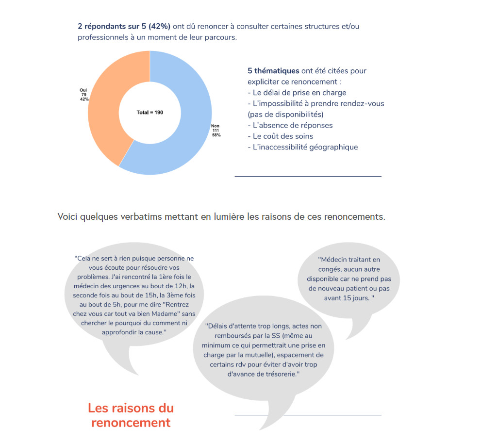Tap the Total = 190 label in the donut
[150, 113]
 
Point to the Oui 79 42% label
[83, 95]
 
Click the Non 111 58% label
[216, 130]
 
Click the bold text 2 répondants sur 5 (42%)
[124, 26]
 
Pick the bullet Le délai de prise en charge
[297, 92]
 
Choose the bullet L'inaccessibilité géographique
[303, 147]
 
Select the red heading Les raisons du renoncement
[131, 415]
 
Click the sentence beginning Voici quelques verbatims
[221, 216]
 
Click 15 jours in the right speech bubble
[355, 297]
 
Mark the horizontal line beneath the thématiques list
[308, 176]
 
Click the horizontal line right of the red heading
[308, 415]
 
